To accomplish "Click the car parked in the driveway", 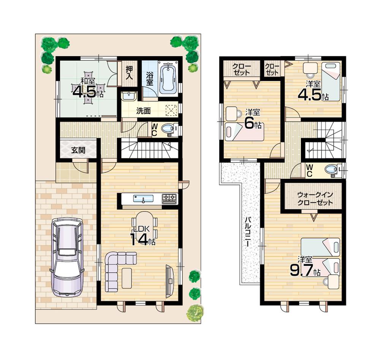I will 66,257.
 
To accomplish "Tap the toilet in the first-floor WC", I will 168,129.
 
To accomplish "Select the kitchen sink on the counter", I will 143,199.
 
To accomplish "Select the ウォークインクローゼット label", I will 315,199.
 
